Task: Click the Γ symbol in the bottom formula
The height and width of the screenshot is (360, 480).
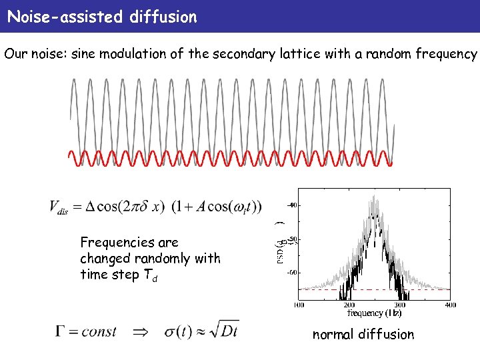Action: tap(61, 331)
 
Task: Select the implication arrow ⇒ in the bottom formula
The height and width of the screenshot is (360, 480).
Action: tap(140, 331)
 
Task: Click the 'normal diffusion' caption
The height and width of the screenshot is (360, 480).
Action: tap(363, 335)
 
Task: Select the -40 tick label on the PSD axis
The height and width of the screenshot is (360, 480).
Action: tap(292, 205)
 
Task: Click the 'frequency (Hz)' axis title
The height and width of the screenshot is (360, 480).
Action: tap(374, 313)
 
